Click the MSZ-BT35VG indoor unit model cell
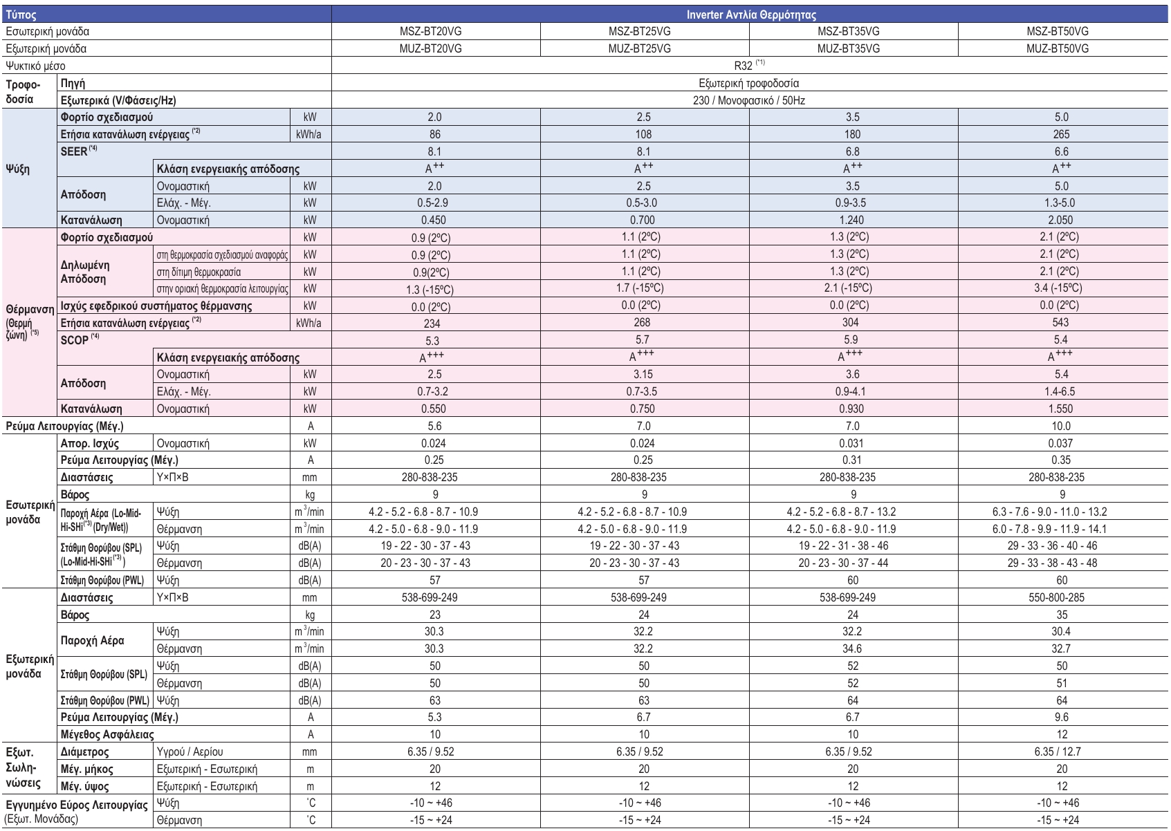(x=852, y=32)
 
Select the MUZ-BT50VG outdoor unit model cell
(x=1061, y=49)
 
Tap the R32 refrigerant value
(x=749, y=66)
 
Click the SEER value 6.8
(x=852, y=151)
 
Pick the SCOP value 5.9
(x=852, y=340)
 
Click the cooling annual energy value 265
(x=1061, y=135)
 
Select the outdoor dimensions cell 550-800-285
(x=1061, y=597)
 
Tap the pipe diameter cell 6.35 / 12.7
(x=1061, y=751)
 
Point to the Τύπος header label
(x=21, y=14)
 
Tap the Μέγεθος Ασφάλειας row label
(x=107, y=734)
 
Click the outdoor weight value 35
(x=1062, y=615)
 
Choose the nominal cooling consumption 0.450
(x=434, y=221)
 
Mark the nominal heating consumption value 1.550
(x=1061, y=409)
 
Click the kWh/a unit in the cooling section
(x=310, y=135)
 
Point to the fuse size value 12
(x=1062, y=735)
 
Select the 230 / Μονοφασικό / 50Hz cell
(x=750, y=101)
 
